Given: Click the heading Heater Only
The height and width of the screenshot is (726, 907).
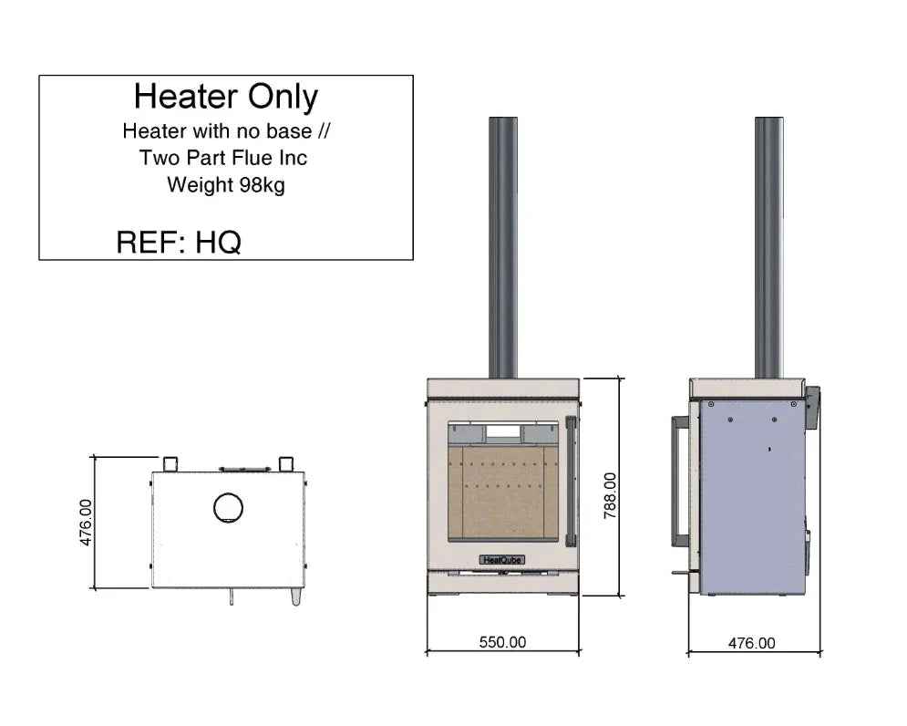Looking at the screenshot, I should coord(225,97).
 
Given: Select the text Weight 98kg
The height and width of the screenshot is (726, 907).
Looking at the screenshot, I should coord(225,185).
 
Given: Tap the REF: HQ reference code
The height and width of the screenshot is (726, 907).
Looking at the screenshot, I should coord(179,242).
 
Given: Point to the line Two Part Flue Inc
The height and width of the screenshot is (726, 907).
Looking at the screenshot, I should coord(223,158).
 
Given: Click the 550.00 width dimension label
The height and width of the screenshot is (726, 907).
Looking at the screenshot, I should coord(502,642).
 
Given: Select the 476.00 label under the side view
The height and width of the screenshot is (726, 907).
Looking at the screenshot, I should coord(752,643).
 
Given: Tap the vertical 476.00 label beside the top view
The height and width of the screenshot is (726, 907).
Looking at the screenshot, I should coord(86,523).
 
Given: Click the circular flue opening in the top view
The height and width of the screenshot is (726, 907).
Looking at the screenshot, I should coord(228,508).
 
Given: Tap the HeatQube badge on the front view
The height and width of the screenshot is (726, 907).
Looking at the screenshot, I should coord(501,559).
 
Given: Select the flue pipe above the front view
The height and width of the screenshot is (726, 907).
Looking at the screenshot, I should coord(502,246).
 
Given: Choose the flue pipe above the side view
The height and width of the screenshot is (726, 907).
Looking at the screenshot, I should coord(768,246).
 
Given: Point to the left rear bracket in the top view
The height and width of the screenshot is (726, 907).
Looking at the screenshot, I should coord(170,462).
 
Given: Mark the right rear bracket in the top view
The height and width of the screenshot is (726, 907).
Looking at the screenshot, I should coord(285,462).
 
